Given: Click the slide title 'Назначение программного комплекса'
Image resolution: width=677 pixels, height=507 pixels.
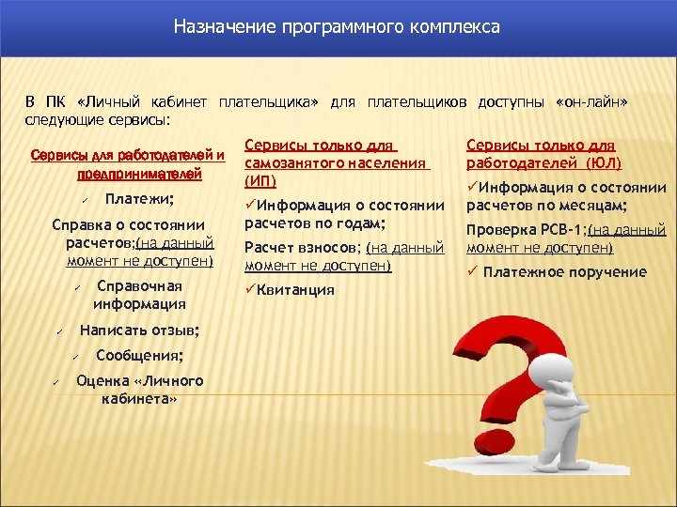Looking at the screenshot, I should [x=337, y=27].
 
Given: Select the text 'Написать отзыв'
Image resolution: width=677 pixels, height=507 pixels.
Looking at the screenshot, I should [x=139, y=330].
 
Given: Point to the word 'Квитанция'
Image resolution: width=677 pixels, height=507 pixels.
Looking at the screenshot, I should [x=295, y=290].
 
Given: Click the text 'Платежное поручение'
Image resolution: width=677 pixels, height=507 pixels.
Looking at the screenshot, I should [x=565, y=272].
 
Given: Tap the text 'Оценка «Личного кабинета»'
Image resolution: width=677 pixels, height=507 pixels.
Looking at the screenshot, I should [x=139, y=389].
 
